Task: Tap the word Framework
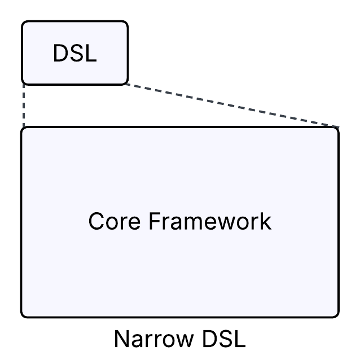210,221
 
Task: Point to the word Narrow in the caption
148,340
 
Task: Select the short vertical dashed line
24,106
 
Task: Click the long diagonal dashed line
231,106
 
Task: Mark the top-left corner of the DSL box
23,23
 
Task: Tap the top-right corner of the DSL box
127,23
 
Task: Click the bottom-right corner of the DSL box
127,83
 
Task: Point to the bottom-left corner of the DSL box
23,83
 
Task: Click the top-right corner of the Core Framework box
337,129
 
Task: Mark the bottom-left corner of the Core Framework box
23,315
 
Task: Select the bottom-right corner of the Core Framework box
337,315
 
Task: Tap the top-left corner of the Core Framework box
23,129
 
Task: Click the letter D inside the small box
60,54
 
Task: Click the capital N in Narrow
121,340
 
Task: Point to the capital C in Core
96,221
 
